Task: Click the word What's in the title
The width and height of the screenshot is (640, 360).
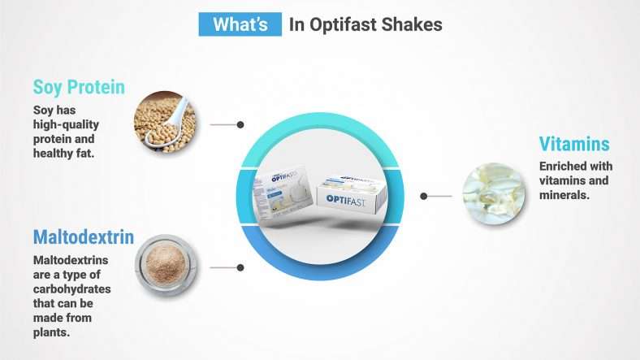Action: pos(240,24)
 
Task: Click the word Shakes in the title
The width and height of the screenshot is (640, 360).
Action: pos(413,24)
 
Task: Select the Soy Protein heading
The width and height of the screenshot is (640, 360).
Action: pos(79,86)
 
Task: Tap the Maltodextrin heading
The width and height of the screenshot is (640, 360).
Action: pos(83,237)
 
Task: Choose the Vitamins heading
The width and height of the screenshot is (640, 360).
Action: pos(574,145)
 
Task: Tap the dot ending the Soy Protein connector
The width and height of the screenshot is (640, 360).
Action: pos(240,124)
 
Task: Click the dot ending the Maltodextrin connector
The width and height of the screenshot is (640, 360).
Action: pos(240,267)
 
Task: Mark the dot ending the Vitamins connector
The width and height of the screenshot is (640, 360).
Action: pos(424,196)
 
